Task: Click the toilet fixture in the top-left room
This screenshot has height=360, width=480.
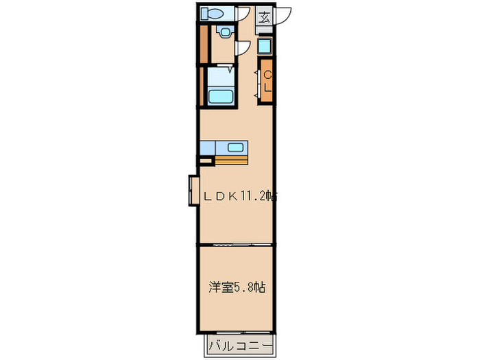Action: (x=212, y=14)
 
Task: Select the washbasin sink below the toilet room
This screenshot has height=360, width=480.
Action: (x=224, y=32)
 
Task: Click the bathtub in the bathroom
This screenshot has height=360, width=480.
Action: (x=221, y=97)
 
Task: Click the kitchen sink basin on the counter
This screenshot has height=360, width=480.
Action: (x=235, y=147)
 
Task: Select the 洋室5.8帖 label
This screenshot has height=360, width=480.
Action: (x=236, y=288)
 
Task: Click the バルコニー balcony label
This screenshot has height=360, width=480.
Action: (x=239, y=344)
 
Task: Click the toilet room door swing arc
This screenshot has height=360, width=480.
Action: (x=244, y=15)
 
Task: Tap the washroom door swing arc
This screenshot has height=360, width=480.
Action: (x=242, y=47)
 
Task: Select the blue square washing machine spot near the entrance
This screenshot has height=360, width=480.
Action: (x=265, y=47)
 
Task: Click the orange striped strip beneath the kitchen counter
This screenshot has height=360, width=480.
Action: (x=230, y=161)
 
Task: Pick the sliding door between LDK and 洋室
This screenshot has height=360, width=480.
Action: (x=237, y=244)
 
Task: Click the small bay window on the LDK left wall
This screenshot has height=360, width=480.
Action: (x=193, y=190)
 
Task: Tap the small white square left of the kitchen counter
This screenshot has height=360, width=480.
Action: (x=204, y=161)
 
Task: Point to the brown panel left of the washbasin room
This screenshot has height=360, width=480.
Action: (x=203, y=43)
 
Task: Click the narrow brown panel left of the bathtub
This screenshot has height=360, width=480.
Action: (x=202, y=86)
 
